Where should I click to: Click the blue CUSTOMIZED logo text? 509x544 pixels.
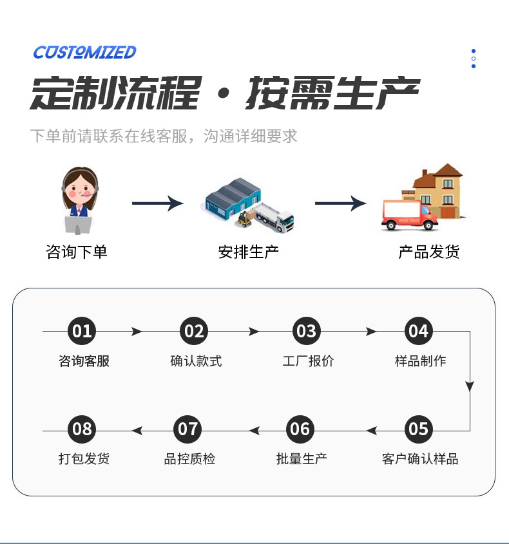[x=84, y=52]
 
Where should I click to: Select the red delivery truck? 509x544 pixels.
[x=408, y=214]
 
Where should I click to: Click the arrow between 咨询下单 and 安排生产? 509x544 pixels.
[x=158, y=203]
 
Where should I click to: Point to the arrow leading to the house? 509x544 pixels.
[x=340, y=203]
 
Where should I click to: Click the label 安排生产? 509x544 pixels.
[x=249, y=252]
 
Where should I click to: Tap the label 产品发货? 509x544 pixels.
[x=428, y=252]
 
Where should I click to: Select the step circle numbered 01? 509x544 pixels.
[x=82, y=332]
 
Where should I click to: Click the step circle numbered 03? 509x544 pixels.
[x=306, y=332]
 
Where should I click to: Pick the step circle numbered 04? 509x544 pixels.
[x=418, y=332]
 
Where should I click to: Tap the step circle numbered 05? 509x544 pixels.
[x=418, y=429]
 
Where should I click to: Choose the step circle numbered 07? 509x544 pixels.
[x=187, y=429]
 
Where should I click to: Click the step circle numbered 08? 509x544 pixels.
[x=82, y=429]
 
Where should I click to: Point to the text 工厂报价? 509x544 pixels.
[x=308, y=361]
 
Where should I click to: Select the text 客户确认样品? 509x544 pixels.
[x=420, y=459]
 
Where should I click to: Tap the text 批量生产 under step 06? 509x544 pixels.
[x=302, y=459]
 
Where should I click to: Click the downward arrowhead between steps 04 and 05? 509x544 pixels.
[x=470, y=386]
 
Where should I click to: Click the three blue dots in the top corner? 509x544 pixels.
[x=474, y=59]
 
